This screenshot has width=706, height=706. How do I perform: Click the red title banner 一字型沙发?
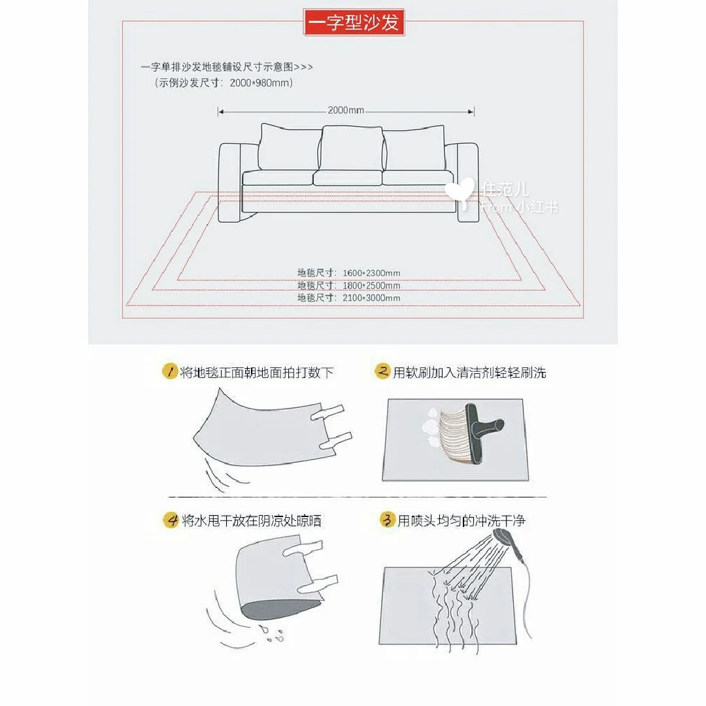(354, 22)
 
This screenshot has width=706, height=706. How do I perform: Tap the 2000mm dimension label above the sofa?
(346, 110)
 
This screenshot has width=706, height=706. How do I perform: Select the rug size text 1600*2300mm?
(371, 273)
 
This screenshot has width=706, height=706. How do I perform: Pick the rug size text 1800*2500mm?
(371, 286)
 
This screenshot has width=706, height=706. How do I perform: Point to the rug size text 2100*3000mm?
(371, 297)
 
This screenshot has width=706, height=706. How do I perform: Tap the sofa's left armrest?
(231, 182)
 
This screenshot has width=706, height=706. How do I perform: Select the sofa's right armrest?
(467, 182)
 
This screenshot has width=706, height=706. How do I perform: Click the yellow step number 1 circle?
(170, 372)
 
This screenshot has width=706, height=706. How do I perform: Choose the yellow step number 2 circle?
(382, 371)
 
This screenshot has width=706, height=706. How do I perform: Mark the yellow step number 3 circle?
(387, 520)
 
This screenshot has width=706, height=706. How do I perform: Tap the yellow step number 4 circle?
(171, 520)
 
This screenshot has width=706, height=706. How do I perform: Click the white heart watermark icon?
(460, 192)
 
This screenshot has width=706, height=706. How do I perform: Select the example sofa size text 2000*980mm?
(261, 83)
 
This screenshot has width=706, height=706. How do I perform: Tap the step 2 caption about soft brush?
(469, 373)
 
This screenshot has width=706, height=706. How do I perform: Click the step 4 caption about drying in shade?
(252, 521)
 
